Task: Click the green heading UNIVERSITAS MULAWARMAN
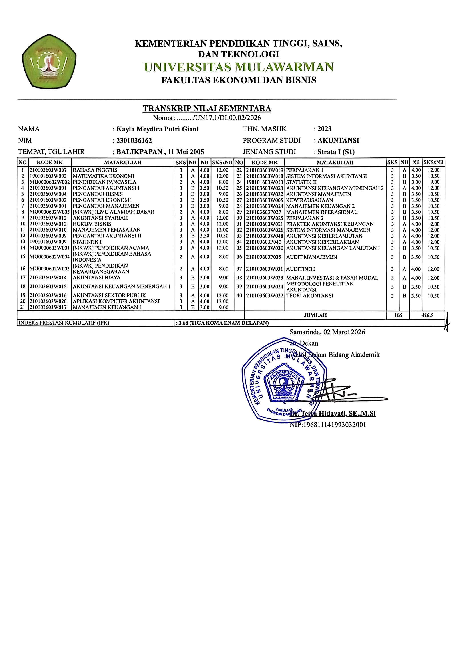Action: coord(238,67)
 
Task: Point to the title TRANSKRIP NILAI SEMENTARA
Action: coord(207,109)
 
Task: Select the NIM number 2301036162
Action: coord(134,141)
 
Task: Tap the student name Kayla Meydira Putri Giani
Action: coord(157,129)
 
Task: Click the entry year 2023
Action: coord(325,129)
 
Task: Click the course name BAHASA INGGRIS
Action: coord(95,170)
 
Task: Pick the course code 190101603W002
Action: coord(48,176)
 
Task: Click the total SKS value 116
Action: coord(398,315)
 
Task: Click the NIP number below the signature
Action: coord(328,425)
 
